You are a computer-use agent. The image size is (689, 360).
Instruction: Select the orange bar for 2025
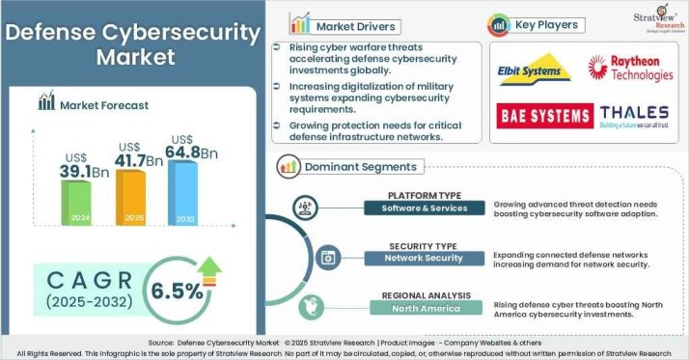tap(132, 201)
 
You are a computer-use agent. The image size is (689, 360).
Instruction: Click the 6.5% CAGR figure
tap(178, 289)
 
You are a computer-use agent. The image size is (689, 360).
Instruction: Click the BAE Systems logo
tap(545, 117)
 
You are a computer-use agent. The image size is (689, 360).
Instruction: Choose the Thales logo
tap(632, 118)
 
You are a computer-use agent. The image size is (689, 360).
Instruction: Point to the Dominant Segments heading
tap(361, 166)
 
